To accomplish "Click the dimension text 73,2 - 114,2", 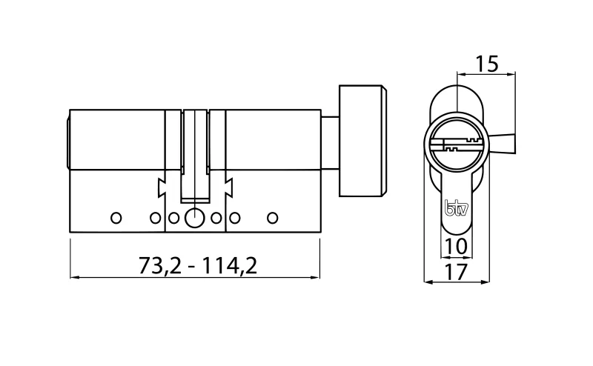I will pyautogui.click(x=197, y=264).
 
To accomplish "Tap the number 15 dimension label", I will pyautogui.click(x=486, y=64).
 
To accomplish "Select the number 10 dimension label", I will pyautogui.click(x=457, y=245).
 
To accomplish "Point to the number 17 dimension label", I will pyautogui.click(x=457, y=271).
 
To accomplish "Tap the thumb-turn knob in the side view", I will pyautogui.click(x=362, y=142).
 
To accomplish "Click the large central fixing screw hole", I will pyautogui.click(x=194, y=218).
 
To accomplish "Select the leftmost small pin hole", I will pyautogui.click(x=114, y=218).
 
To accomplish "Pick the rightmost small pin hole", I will pyautogui.click(x=272, y=218).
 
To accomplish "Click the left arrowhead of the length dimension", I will pyautogui.click(x=74, y=279).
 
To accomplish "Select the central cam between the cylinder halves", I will pyautogui.click(x=194, y=156).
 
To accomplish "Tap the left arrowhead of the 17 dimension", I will pyautogui.click(x=426, y=282).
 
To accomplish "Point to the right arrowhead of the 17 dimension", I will pyautogui.click(x=486, y=282).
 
